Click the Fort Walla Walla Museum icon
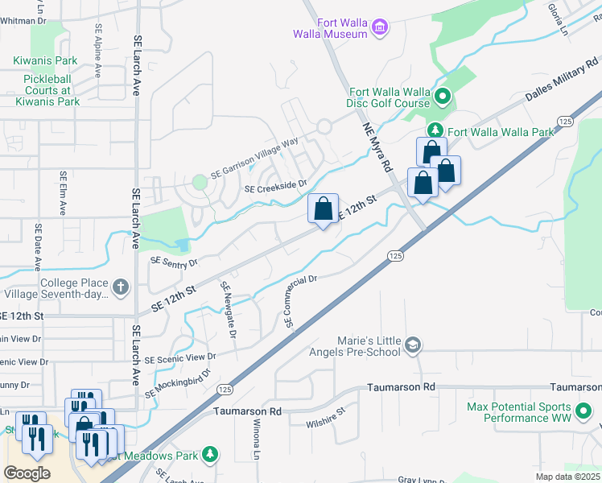[380, 29]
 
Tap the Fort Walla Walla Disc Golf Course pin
[441, 97]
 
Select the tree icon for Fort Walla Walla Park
[435, 131]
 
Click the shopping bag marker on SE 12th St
[323, 209]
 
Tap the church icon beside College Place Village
[120, 287]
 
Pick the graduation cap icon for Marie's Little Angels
[413, 345]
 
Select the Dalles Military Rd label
[563, 79]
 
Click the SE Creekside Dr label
[276, 185]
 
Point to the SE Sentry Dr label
[174, 261]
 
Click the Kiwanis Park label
[45, 60]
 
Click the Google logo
[27, 473]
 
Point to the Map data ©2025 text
[567, 477]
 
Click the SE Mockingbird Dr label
[177, 384]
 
